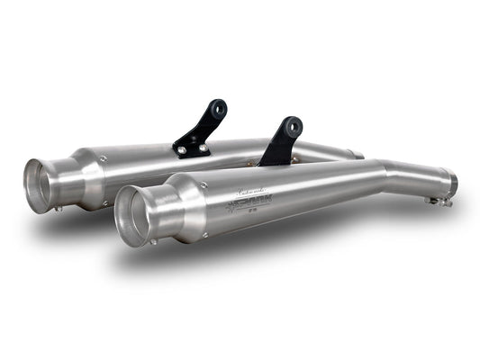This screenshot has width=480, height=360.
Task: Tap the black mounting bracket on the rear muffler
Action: pyautogui.click(x=202, y=129)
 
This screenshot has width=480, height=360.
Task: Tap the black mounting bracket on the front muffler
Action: pyautogui.click(x=280, y=142)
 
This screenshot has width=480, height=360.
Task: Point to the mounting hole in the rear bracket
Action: pyautogui.click(x=216, y=108)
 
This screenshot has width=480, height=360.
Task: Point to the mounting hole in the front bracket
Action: pyautogui.click(x=291, y=125)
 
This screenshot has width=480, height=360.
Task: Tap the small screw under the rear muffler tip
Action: pyautogui.click(x=59, y=208)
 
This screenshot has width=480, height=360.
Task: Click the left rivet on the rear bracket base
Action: pyautogui.click(x=182, y=148)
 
